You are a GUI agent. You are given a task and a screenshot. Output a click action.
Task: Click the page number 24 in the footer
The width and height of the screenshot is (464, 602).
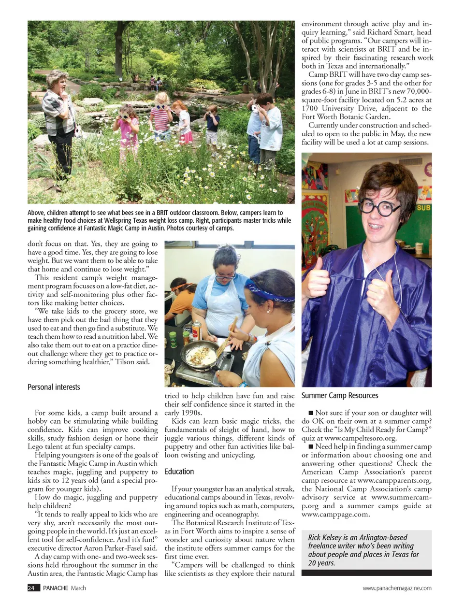pyautogui.click(x=31, y=588)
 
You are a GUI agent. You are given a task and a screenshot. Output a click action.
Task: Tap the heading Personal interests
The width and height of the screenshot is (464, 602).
pyautogui.click(x=54, y=387)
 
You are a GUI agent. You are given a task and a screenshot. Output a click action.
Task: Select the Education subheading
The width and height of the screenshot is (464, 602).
pyautogui.click(x=179, y=472)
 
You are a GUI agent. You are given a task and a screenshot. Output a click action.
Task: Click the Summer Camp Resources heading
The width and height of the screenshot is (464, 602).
pyautogui.click(x=340, y=395)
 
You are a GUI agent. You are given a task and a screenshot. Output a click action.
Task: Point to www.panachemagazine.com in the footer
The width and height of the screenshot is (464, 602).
pyautogui.click(x=397, y=588)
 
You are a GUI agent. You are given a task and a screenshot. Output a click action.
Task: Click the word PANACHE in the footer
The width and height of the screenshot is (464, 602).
pyautogui.click(x=56, y=588)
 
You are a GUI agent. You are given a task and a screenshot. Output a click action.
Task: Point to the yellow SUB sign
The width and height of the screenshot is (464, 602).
pyautogui.click(x=423, y=208)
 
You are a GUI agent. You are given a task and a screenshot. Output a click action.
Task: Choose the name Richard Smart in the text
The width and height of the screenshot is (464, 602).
pyautogui.click(x=391, y=32)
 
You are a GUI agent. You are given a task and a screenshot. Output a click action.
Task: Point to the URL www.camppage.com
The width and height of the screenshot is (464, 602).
pyautogui.click(x=335, y=514)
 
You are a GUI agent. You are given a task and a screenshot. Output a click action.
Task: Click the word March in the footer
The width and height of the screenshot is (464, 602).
pyautogui.click(x=78, y=588)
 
